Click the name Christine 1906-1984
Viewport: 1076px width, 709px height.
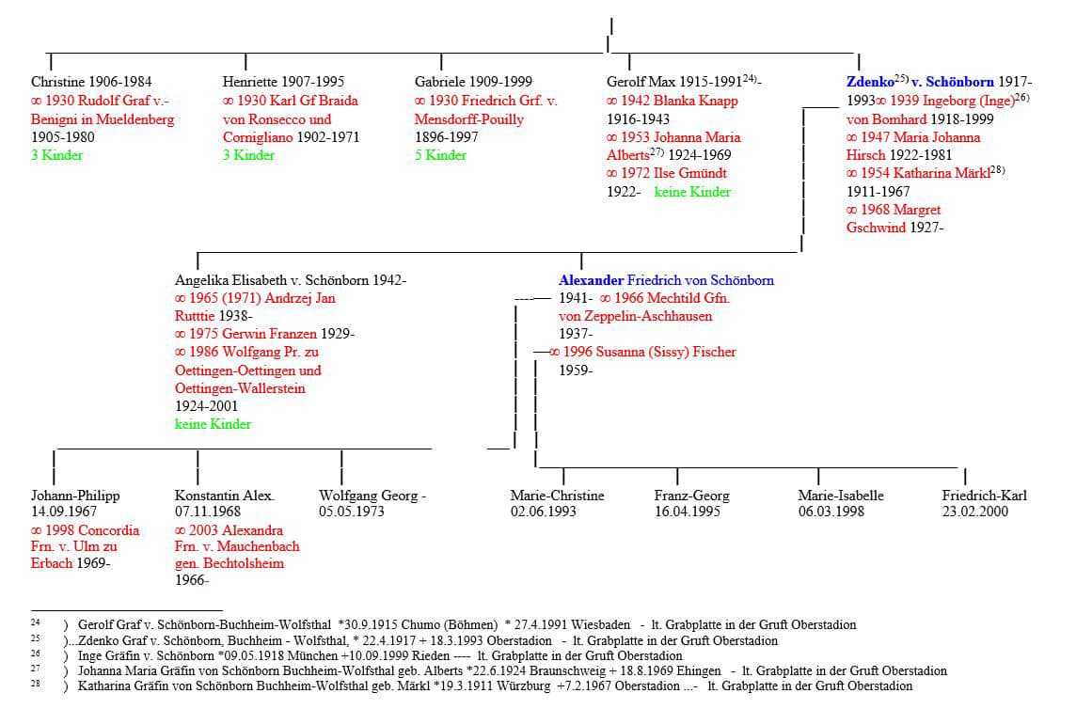pyautogui.click(x=90, y=83)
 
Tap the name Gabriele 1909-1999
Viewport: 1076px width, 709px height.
pyautogui.click(x=475, y=83)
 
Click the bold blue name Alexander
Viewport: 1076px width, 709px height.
pyautogui.click(x=591, y=280)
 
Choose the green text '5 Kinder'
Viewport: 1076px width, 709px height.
pyautogui.click(x=440, y=155)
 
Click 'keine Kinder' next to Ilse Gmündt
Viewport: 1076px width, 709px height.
pyautogui.click(x=692, y=192)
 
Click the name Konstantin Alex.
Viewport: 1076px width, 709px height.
pyautogui.click(x=224, y=496)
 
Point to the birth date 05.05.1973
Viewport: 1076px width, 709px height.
pyautogui.click(x=352, y=512)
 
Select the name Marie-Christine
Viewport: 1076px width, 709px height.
pyautogui.click(x=557, y=496)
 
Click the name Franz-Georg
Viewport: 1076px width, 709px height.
pyautogui.click(x=691, y=496)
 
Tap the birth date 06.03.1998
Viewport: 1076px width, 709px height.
pyautogui.click(x=831, y=512)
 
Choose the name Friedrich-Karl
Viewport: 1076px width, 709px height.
pyautogui.click(x=984, y=496)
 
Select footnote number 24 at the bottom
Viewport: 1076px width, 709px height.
pyautogui.click(x=36, y=624)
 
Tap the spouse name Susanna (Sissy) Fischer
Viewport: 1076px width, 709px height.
pyautogui.click(x=649, y=352)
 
